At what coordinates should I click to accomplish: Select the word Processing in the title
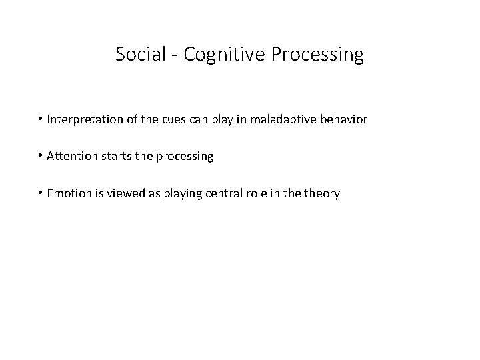pos(317,55)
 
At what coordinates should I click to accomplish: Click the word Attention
pos(71,157)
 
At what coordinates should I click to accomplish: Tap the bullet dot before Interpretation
pos(41,120)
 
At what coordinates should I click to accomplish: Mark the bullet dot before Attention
pos(41,157)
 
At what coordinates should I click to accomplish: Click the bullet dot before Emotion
pos(41,193)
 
